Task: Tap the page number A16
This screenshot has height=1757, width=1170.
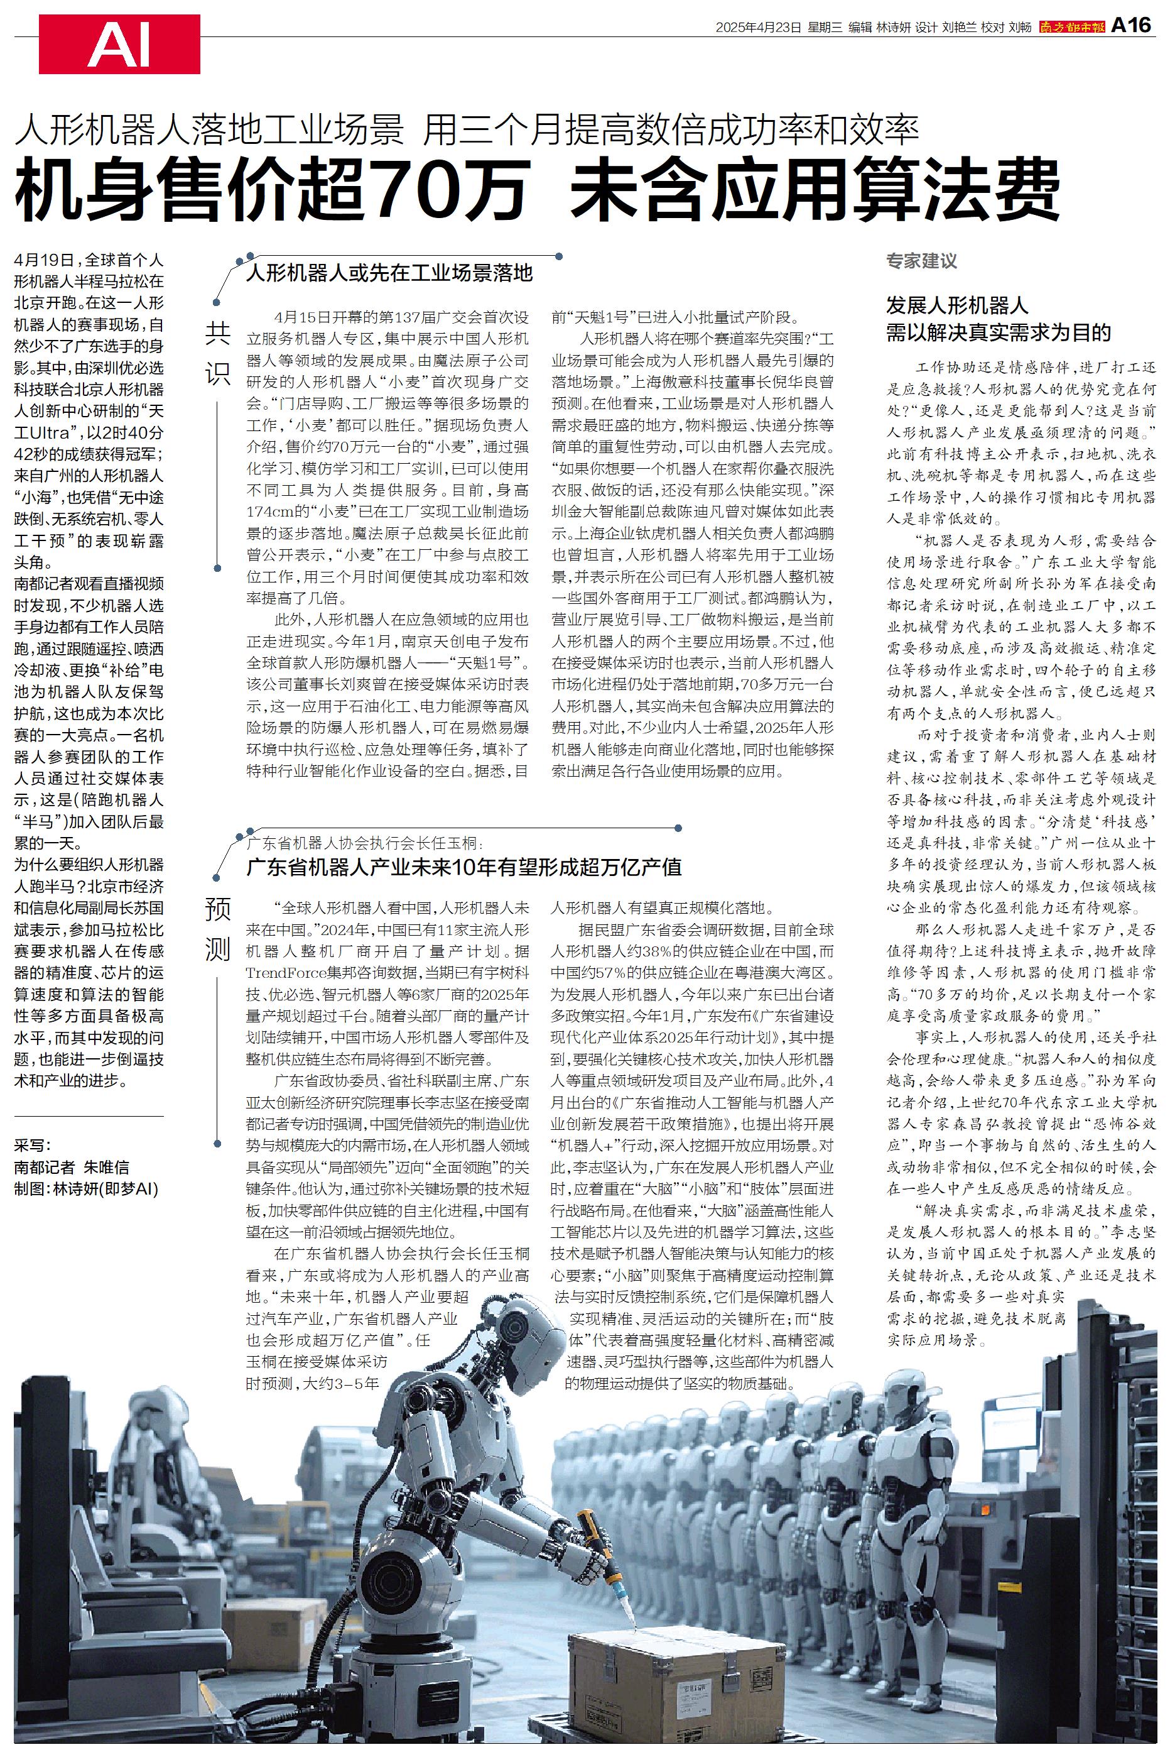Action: point(1131,26)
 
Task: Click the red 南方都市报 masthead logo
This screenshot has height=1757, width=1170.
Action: point(1072,27)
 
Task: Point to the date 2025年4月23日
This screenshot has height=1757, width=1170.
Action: point(757,27)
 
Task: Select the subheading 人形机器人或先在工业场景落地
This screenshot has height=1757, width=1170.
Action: point(389,273)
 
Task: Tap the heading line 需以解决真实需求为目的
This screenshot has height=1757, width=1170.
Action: point(999,332)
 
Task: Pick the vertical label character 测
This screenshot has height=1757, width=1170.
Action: point(218,949)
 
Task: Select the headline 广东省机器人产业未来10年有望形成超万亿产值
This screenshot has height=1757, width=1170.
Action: point(464,867)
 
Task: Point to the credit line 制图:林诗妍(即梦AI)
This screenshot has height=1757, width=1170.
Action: point(87,1190)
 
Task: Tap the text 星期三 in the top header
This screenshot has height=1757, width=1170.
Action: point(825,27)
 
